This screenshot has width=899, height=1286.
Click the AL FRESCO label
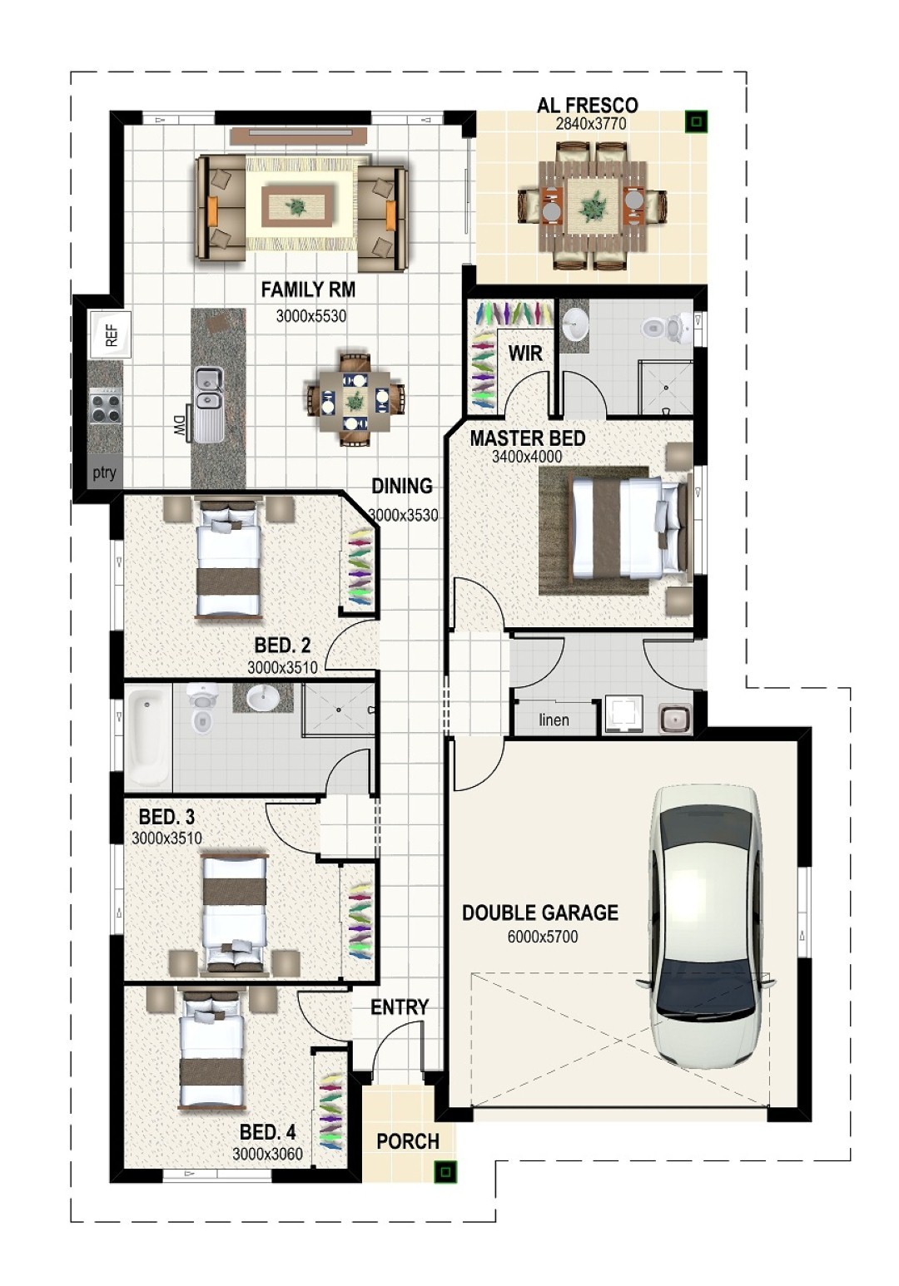(587, 106)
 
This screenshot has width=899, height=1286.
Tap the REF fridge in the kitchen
(110, 334)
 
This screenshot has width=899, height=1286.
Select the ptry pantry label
(105, 473)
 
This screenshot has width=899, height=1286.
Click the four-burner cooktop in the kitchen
(106, 405)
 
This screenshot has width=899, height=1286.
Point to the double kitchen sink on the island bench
(208, 388)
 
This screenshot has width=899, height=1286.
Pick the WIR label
(525, 354)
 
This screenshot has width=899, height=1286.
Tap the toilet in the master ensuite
(667, 327)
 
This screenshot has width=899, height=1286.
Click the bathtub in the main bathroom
(148, 737)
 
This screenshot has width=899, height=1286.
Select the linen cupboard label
(554, 720)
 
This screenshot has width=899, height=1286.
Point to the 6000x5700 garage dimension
(542, 937)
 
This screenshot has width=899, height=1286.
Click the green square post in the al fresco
(696, 121)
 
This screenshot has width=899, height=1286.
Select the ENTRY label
(400, 1007)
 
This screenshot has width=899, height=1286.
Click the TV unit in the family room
(299, 136)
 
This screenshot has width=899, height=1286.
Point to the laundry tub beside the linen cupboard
(675, 718)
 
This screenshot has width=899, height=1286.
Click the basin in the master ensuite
(574, 327)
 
